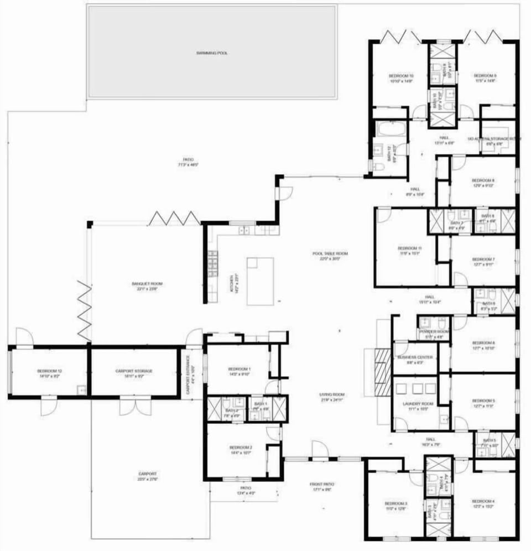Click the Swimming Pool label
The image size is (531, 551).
click(212, 53)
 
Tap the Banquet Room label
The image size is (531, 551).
click(147, 284)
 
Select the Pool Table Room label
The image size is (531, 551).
click(330, 254)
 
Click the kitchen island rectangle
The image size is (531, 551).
click(260, 281)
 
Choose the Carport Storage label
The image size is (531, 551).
click(134, 371)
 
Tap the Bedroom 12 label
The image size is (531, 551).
click(49, 371)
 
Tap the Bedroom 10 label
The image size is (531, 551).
click(401, 75)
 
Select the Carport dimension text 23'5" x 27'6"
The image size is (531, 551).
click(148, 479)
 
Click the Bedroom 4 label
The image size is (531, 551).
click(483, 501)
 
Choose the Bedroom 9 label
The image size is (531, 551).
click(485, 75)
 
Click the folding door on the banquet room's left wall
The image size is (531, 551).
click(84, 310)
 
